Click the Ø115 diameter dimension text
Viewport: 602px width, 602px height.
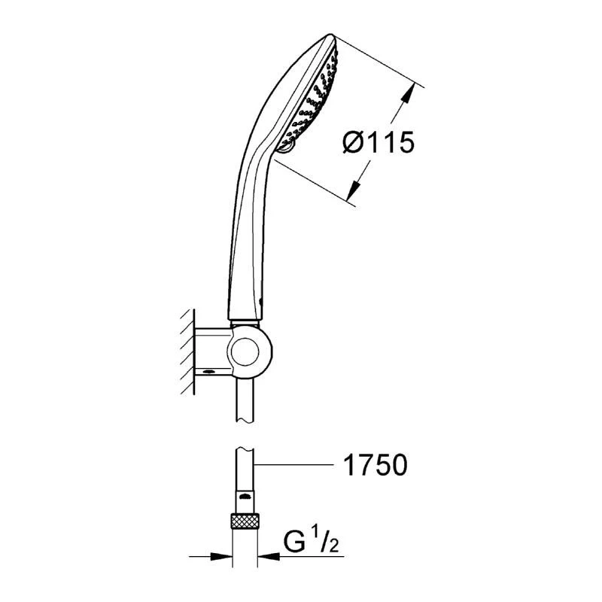tap(379, 142)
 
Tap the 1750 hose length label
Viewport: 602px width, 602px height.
tap(375, 465)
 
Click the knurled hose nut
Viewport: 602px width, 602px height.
tap(245, 521)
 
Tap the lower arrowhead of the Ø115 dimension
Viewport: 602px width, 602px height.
tap(354, 190)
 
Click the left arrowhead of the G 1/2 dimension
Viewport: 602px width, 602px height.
tap(221, 556)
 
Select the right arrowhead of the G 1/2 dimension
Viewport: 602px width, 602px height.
tap(269, 556)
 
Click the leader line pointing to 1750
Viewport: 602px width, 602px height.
tap(293, 465)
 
